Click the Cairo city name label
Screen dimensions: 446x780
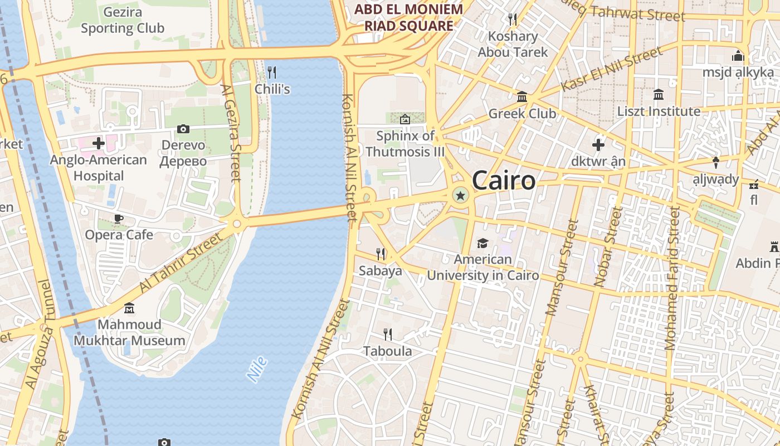(x=504, y=181)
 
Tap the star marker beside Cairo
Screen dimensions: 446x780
(x=460, y=195)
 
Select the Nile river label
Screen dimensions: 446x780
(x=257, y=369)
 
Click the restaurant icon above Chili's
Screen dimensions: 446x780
(x=272, y=72)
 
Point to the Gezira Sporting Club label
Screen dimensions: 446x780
(x=123, y=20)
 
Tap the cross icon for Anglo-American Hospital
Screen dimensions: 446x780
(x=99, y=144)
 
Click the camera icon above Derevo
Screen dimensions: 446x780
(x=183, y=129)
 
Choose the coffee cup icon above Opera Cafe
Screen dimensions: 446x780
(x=119, y=219)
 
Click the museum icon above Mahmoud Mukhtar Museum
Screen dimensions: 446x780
(x=130, y=308)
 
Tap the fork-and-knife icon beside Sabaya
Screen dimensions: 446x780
(x=381, y=254)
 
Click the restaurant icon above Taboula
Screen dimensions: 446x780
(x=388, y=334)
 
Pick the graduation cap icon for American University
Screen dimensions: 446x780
(x=482, y=243)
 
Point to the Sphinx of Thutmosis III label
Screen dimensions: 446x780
(x=405, y=143)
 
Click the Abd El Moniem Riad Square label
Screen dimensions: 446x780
(x=409, y=17)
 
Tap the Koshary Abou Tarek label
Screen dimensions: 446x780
(x=513, y=44)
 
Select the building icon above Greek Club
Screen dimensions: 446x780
(x=522, y=97)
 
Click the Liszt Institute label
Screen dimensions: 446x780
(x=659, y=111)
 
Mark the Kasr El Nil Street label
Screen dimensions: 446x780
(x=612, y=69)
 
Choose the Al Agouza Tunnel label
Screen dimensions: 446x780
(x=38, y=334)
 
